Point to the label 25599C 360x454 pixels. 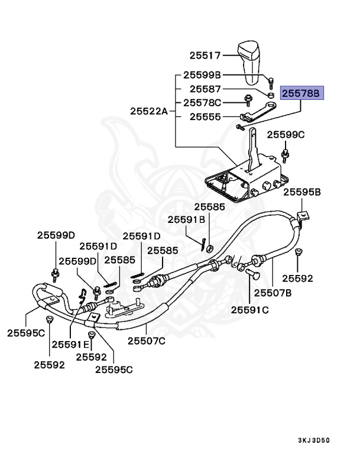tap(285, 135)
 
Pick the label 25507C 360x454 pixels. tap(147, 340)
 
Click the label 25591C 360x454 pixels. tap(249, 309)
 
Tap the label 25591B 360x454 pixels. tap(186, 219)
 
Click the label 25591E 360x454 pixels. tap(70, 344)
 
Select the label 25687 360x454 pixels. tap(205, 89)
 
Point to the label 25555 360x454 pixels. tap(205, 117)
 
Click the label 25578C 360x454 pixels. tap(202, 103)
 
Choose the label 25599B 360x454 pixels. tap(202, 75)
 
